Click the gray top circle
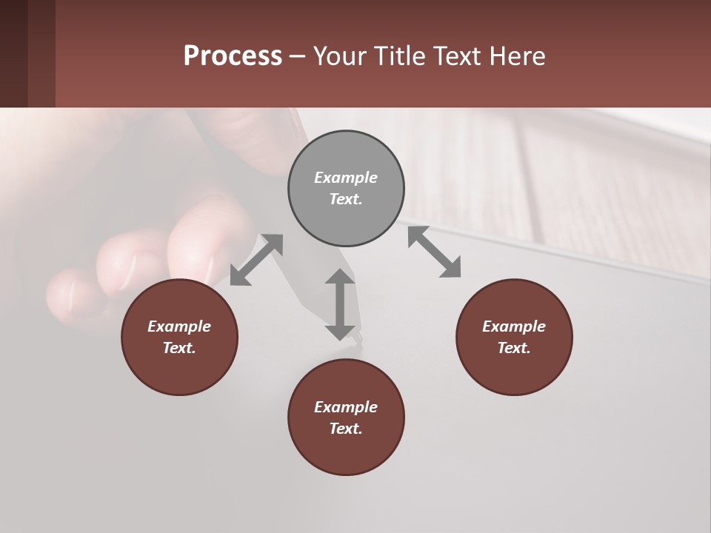pos(346,189)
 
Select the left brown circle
pos(179,337)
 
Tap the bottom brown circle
pos(346,418)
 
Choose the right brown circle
pos(514,337)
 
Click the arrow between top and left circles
pos(256,259)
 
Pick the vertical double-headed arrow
pos(340,304)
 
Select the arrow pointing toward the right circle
pos(435,252)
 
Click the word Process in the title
pos(233,56)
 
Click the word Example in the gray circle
pos(346,178)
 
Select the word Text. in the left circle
pos(179,348)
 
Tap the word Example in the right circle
pos(514,326)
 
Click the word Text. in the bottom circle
pos(346,429)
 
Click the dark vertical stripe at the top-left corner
pos(13,53)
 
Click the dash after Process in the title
pos(297,56)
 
